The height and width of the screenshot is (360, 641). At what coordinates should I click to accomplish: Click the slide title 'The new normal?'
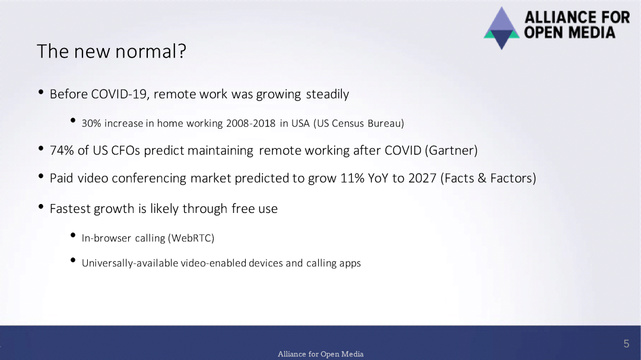[x=111, y=52]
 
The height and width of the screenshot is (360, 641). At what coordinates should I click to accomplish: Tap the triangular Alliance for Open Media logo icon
[x=502, y=28]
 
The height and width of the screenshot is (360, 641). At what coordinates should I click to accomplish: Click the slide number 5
[x=626, y=344]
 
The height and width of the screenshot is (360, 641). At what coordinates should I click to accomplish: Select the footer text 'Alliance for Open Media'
[x=320, y=354]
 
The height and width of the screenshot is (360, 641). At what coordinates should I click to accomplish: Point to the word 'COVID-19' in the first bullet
[x=119, y=94]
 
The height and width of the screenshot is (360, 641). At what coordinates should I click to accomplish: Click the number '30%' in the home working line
[x=91, y=123]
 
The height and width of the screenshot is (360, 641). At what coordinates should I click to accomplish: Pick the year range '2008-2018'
[x=250, y=123]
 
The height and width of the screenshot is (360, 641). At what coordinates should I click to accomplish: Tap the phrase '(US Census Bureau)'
[x=358, y=123]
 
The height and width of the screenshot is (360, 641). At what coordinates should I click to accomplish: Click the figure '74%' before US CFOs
[x=62, y=151]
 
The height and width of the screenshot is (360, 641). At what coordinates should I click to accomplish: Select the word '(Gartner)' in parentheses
[x=451, y=151]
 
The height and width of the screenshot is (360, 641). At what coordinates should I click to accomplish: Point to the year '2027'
[x=423, y=178]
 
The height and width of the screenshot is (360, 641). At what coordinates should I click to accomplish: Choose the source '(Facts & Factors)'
[x=488, y=178]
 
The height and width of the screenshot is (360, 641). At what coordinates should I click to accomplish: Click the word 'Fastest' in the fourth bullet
[x=71, y=209]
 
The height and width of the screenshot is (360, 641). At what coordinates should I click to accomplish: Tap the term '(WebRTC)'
[x=191, y=238]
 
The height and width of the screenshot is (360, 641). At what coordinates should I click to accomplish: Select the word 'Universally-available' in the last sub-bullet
[x=129, y=263]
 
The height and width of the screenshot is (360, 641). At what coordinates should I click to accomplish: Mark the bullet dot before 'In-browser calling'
[x=73, y=235]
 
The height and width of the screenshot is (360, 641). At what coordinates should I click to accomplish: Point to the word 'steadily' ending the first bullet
[x=328, y=94]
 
